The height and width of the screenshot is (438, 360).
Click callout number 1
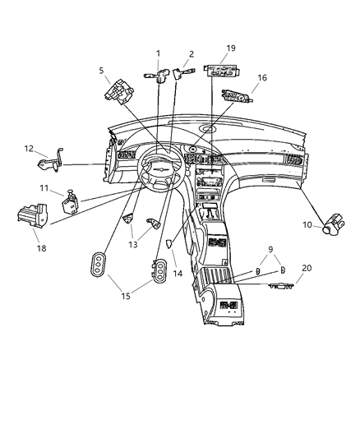(x=157, y=53)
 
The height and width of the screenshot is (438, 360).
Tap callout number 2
(x=191, y=53)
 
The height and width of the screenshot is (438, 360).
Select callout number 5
(x=102, y=70)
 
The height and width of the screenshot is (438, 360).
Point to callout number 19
(x=231, y=48)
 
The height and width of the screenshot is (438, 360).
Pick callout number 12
(x=29, y=149)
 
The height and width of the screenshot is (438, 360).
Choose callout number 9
(x=270, y=249)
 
